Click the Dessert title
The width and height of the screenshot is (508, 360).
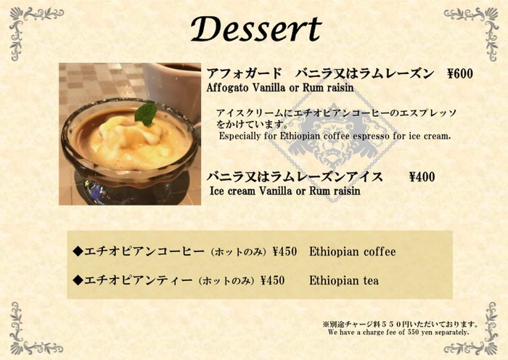pyautogui.click(x=256, y=28)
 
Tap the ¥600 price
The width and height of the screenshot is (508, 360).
pyautogui.click(x=459, y=74)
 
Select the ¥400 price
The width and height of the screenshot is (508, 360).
pyautogui.click(x=422, y=177)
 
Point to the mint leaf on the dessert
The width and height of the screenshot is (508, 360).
pyautogui.click(x=146, y=114)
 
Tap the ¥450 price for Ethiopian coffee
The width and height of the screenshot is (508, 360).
pyautogui.click(x=284, y=251)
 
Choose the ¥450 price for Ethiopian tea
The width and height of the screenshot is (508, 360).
pyautogui.click(x=273, y=280)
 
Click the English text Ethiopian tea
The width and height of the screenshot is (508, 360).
pyautogui.click(x=344, y=281)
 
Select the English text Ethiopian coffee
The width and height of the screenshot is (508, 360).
pyautogui.click(x=352, y=252)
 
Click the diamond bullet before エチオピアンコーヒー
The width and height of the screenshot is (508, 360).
pyautogui.click(x=78, y=251)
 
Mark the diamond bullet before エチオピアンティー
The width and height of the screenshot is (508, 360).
pyautogui.click(x=78, y=280)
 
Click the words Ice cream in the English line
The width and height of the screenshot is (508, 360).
pyautogui.click(x=232, y=191)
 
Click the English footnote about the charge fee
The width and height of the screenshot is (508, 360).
pyautogui.click(x=398, y=332)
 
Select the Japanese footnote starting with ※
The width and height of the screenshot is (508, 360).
pyautogui.click(x=401, y=324)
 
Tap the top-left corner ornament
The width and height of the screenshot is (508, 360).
pyautogui.click(x=33, y=30)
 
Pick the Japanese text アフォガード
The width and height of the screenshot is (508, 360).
pyautogui.click(x=245, y=73)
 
